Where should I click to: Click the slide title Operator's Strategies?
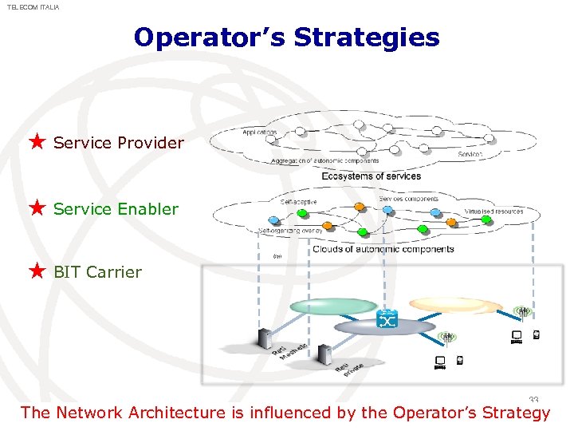(286, 38)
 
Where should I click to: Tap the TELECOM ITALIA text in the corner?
(33, 7)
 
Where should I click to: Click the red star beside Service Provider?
(37, 143)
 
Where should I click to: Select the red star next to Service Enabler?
(37, 208)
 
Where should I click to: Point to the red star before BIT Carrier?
(37, 271)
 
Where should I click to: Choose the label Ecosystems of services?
(371, 176)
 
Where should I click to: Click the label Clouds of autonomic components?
(383, 249)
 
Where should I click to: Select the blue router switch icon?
(387, 319)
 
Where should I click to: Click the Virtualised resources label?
(493, 212)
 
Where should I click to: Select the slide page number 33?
(533, 401)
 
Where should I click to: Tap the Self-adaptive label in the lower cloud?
(298, 202)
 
